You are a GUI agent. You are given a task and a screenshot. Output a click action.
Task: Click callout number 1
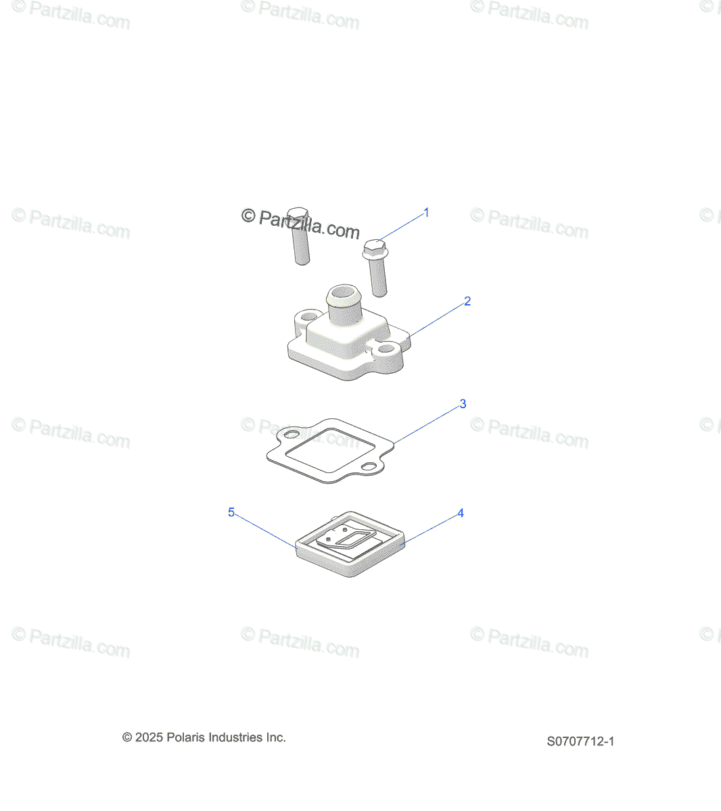tap(426, 213)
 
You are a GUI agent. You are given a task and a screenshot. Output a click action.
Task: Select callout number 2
tap(467, 301)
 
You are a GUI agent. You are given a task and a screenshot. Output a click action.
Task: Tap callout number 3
tap(463, 404)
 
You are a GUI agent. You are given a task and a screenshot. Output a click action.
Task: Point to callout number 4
tap(461, 514)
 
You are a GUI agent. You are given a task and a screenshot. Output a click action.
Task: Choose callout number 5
tap(231, 513)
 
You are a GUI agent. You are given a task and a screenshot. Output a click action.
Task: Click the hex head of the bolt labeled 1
tap(375, 248)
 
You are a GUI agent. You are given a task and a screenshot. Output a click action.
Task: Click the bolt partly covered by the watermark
tap(300, 237)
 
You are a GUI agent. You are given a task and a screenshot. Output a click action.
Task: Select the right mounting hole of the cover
tap(386, 349)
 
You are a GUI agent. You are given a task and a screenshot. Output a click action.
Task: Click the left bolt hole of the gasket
tap(292, 433)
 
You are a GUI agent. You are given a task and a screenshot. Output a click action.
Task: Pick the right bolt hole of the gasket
tap(369, 467)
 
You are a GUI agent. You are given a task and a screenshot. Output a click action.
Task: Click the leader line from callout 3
tap(426, 424)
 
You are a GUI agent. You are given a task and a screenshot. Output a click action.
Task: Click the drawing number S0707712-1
tap(580, 741)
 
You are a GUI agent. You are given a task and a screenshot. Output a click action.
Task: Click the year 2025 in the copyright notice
tap(149, 737)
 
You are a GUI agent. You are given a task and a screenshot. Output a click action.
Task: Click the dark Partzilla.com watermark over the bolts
tap(301, 224)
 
